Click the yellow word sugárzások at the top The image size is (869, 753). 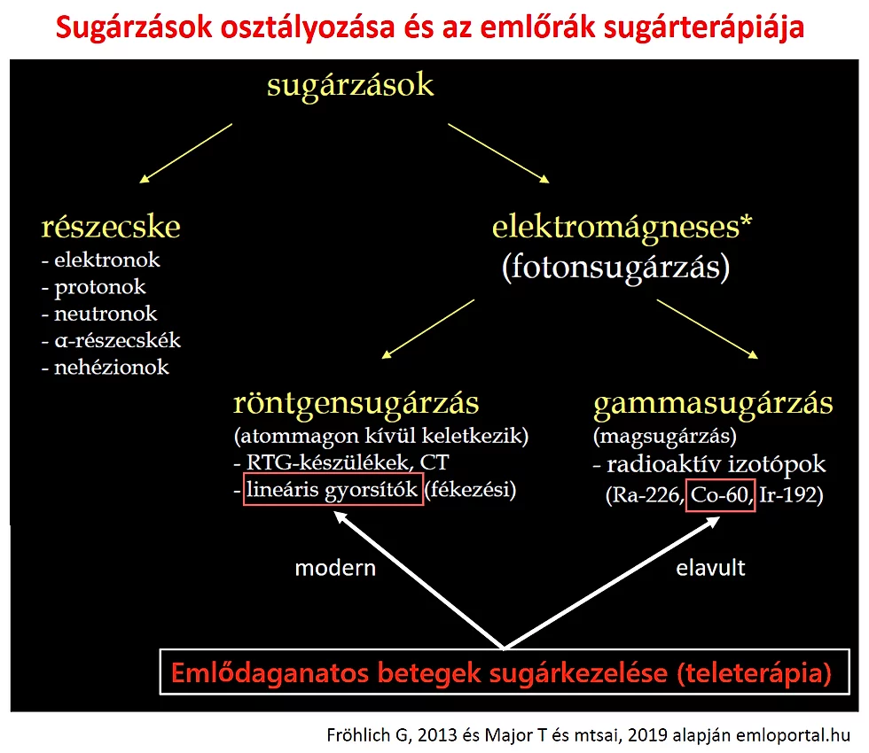coord(350,86)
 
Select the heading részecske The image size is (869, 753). coord(111,227)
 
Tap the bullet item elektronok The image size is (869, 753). coord(107,260)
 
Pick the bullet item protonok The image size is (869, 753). coord(99,287)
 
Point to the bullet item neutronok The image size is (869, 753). coord(106,314)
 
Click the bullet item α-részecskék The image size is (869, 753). coord(117,340)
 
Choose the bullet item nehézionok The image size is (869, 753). coord(112,367)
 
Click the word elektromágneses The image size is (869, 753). coord(615,228)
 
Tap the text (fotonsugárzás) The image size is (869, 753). coord(615,268)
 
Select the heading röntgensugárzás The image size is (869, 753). coord(356,404)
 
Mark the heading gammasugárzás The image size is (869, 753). coord(713,404)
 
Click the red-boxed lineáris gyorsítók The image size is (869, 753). coord(332,490)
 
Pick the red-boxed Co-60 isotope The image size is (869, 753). coord(719,495)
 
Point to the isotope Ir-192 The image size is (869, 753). coord(791,495)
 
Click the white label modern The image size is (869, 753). coord(335,569)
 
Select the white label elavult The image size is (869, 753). coord(710,569)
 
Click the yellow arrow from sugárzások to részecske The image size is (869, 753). coord(185,152)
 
